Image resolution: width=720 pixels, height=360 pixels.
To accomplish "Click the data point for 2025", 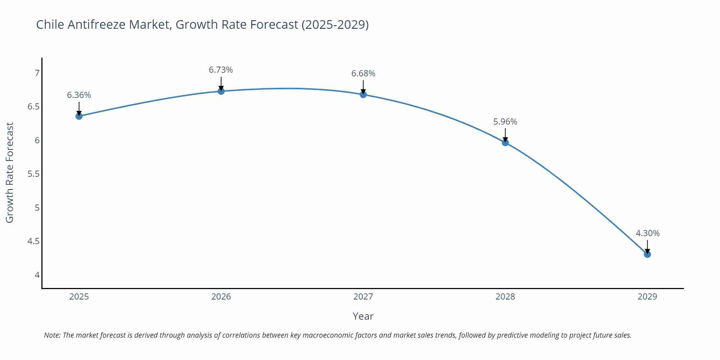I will (x=79, y=116).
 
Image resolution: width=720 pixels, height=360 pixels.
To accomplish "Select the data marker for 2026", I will (x=221, y=91).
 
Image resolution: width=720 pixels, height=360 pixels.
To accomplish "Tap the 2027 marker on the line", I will (x=363, y=94).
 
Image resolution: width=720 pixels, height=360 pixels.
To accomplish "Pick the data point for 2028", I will (x=505, y=143).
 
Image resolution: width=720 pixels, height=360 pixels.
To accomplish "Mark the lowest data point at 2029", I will (x=647, y=254).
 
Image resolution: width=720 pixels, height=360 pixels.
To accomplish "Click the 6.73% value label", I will (x=221, y=70).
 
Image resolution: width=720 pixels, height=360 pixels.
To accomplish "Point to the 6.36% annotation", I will (x=79, y=95).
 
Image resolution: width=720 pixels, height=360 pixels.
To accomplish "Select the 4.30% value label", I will (x=647, y=233).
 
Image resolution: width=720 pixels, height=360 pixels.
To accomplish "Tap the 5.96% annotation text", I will (x=505, y=122).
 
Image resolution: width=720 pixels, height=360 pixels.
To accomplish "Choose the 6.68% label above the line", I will (x=363, y=73).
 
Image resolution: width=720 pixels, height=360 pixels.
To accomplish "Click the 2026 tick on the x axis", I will (x=221, y=297).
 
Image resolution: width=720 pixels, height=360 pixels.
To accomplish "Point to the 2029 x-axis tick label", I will (x=647, y=297).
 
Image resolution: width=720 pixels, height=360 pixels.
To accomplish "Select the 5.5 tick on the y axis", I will (x=33, y=174).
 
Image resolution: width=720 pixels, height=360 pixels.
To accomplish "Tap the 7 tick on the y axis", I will (x=37, y=73).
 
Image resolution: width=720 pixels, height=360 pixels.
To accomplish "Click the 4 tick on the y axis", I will (x=37, y=275).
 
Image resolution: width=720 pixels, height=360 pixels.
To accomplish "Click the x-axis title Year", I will (x=363, y=316).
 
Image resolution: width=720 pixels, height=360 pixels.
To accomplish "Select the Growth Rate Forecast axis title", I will (x=10, y=172).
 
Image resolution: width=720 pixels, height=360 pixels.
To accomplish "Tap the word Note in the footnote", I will (x=52, y=335).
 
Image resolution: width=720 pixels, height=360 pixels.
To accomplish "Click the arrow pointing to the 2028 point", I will (x=505, y=135).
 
